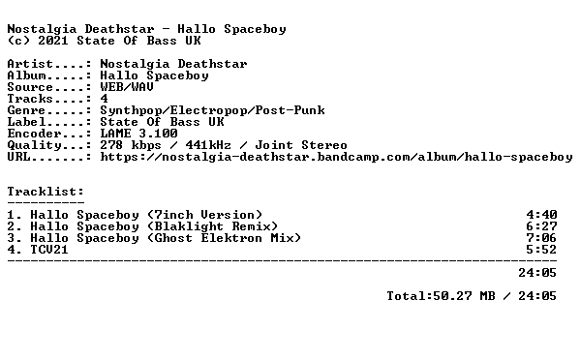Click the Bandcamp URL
coord(336,157)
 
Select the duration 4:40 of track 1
coord(541,215)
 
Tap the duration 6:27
coord(541,226)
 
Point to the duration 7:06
coord(541,238)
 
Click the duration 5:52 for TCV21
coord(541,250)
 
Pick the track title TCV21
coord(49,250)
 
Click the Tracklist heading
coord(46,192)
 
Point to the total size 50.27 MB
coord(464,296)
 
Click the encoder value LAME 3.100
coord(138,134)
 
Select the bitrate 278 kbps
coord(131,145)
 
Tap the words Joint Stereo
coord(301,145)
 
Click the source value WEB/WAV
coord(127,87)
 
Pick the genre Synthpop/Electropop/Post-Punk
coord(213,110)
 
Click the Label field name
coord(27,122)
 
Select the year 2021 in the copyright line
coord(53,41)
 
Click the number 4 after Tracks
coord(105,99)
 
